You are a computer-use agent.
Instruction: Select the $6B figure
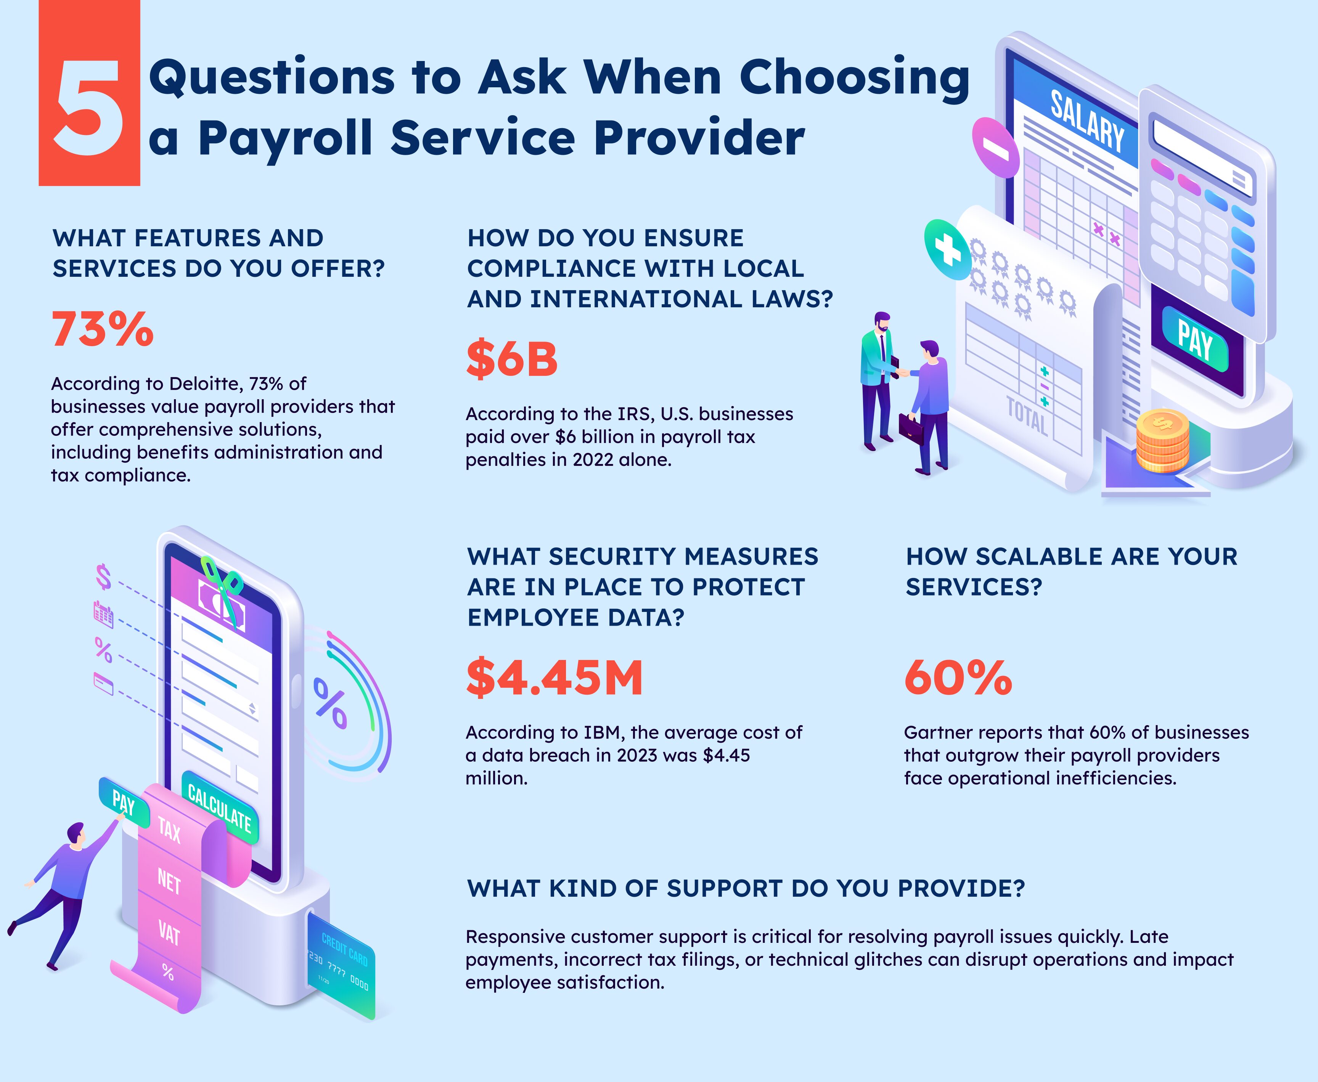(512, 360)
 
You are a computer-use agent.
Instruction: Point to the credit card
(341, 966)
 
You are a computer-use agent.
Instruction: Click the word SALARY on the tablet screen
(1087, 122)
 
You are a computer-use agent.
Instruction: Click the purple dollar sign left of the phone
(103, 576)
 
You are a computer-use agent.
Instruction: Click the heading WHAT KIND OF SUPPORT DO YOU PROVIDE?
(746, 888)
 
